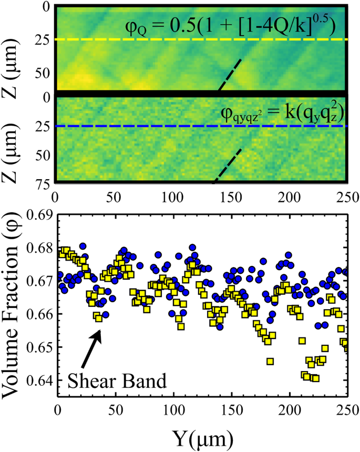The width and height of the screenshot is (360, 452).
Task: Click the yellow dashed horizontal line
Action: [200, 39]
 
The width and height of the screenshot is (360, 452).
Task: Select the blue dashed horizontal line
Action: [200, 126]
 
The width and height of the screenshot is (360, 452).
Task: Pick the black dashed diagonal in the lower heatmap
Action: [228, 166]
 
